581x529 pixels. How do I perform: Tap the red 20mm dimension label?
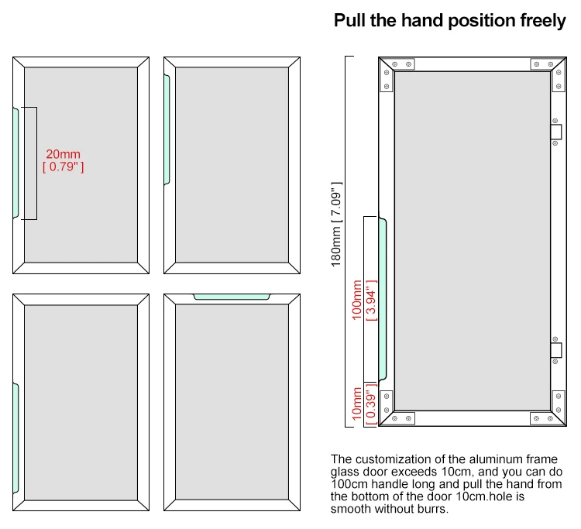pos(63,154)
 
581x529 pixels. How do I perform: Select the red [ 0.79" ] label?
pos(63,167)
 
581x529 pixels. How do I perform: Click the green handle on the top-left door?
pos(15,163)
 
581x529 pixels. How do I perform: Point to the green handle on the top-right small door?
pos(167,129)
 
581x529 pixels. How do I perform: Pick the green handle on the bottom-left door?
pos(15,433)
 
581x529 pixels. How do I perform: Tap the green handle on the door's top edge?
pos(231,296)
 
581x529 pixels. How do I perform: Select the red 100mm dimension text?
pos(357,303)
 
